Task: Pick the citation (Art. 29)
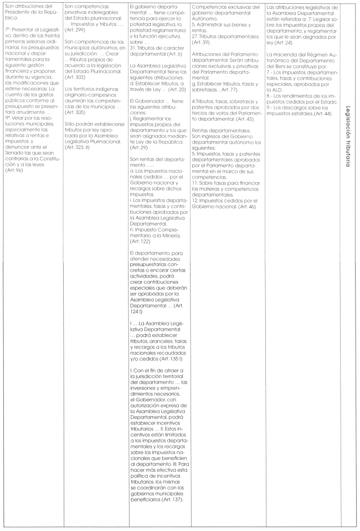point(137,148)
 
